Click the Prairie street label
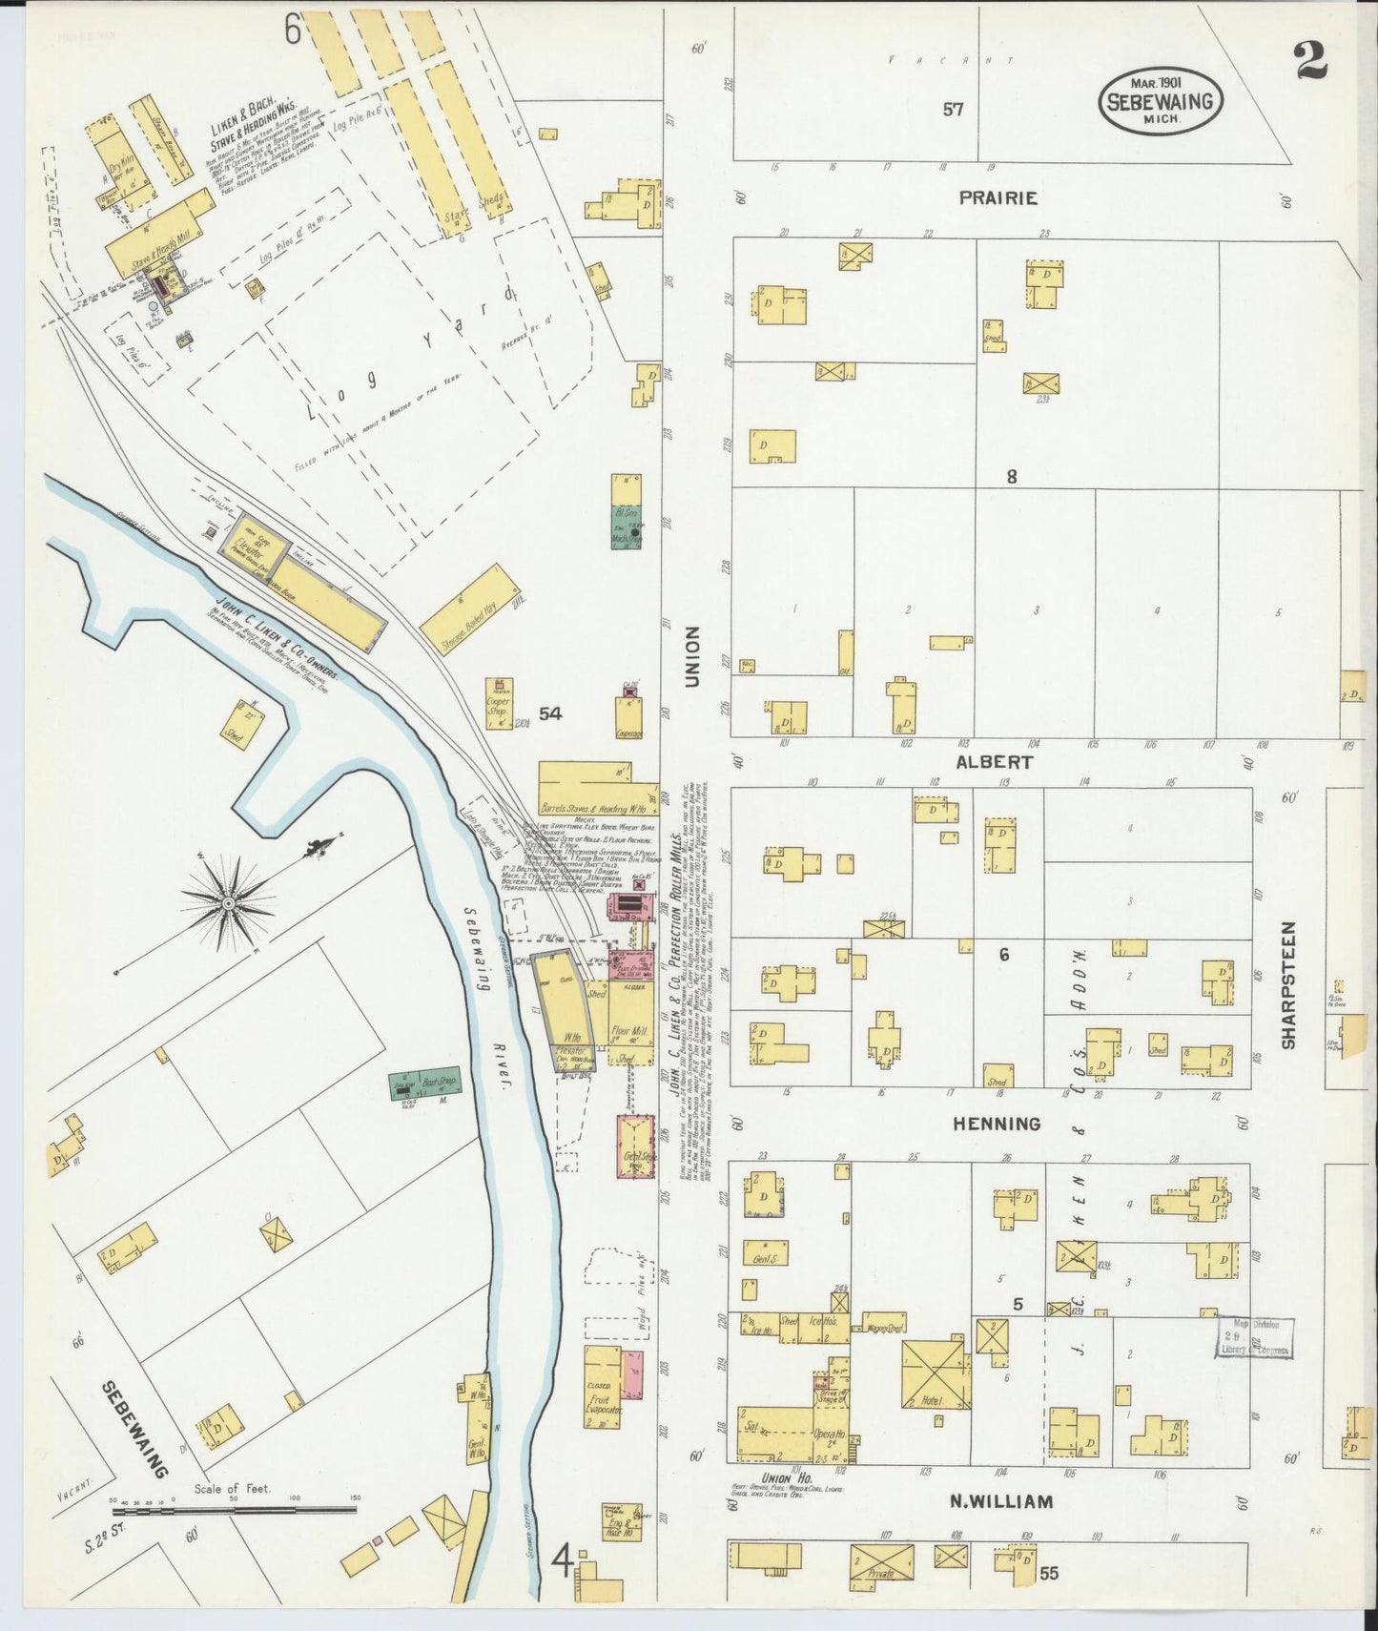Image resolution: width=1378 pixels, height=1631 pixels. click(998, 198)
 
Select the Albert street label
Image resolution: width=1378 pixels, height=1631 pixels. click(995, 762)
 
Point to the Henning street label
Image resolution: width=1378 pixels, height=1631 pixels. click(998, 1124)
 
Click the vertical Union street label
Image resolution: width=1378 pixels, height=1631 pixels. click(691, 656)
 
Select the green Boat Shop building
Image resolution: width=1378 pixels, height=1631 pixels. click(423, 1084)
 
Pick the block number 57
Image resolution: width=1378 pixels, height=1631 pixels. click(953, 109)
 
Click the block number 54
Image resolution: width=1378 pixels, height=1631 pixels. click(550, 712)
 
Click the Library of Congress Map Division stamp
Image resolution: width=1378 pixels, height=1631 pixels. click(1253, 1336)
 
